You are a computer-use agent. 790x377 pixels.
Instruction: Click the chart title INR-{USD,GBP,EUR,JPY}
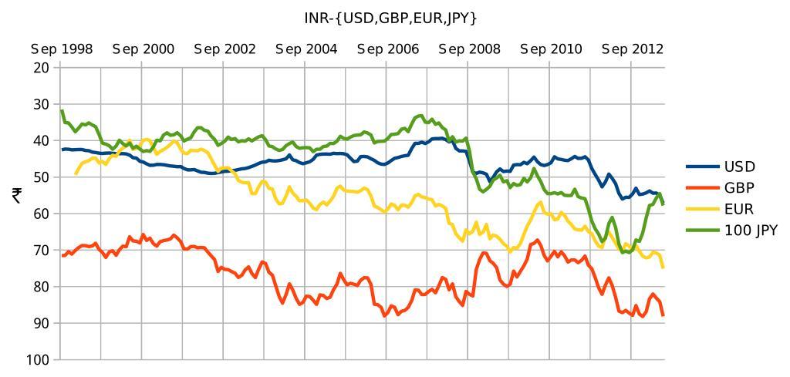390,17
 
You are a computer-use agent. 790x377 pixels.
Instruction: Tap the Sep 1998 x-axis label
62,49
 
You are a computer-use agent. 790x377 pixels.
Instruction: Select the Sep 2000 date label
143,49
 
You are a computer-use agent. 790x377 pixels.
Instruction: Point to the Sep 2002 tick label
225,49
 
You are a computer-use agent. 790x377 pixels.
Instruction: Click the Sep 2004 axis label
306,49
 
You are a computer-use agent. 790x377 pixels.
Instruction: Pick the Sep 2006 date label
388,49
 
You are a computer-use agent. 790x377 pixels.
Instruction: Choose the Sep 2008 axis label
469,49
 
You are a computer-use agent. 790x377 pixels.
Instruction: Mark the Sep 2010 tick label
551,49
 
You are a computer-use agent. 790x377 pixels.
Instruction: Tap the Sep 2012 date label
633,49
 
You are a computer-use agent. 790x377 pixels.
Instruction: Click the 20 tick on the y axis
42,68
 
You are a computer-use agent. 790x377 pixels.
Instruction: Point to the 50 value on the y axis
42,177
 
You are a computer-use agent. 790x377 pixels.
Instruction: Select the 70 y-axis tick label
42,251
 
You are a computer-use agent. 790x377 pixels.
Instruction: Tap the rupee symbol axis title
17,196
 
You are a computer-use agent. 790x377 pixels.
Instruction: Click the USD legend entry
739,167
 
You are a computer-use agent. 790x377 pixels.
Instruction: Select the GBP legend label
738,188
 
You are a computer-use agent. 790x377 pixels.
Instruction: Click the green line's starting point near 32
62,111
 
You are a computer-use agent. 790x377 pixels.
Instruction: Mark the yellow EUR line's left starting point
75,173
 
